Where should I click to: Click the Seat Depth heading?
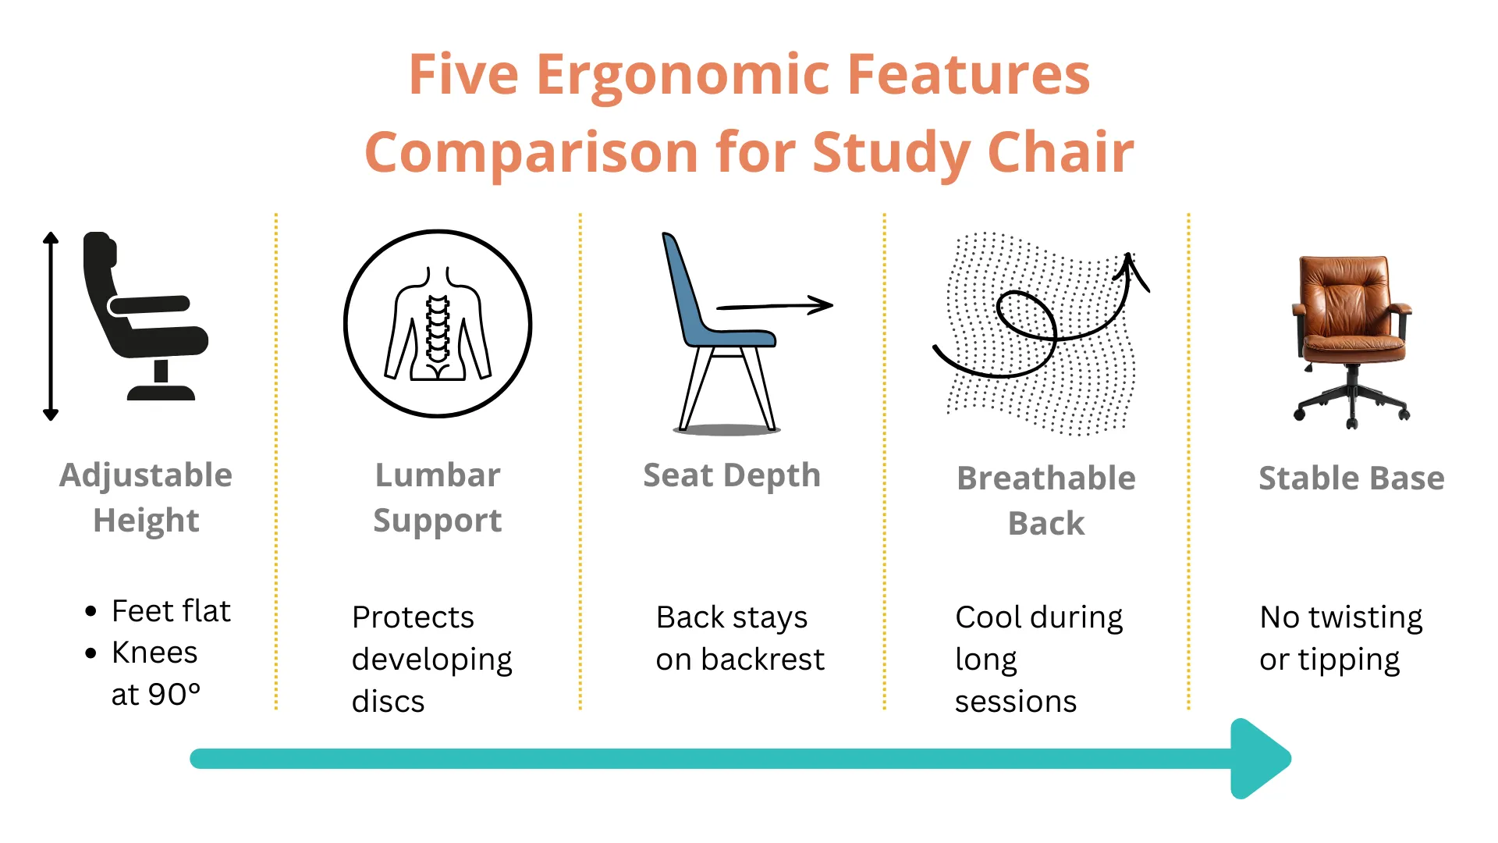pyautogui.click(x=731, y=475)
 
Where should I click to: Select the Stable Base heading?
pyautogui.click(x=1351, y=478)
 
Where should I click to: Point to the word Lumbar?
pyautogui.click(x=438, y=475)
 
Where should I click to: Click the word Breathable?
pyautogui.click(x=1045, y=478)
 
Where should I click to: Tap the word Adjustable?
pyautogui.click(x=146, y=475)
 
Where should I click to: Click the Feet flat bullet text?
pyautogui.click(x=171, y=611)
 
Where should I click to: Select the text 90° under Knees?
pyautogui.click(x=174, y=695)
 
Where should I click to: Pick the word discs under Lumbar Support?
pyautogui.click(x=388, y=702)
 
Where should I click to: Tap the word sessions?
pyautogui.click(x=1015, y=702)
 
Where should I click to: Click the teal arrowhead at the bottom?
pyautogui.click(x=1258, y=759)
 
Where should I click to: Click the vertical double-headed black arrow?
pyautogui.click(x=51, y=326)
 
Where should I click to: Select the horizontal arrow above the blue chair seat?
pyautogui.click(x=774, y=305)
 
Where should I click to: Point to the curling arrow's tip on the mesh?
pyautogui.click(x=1130, y=258)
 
